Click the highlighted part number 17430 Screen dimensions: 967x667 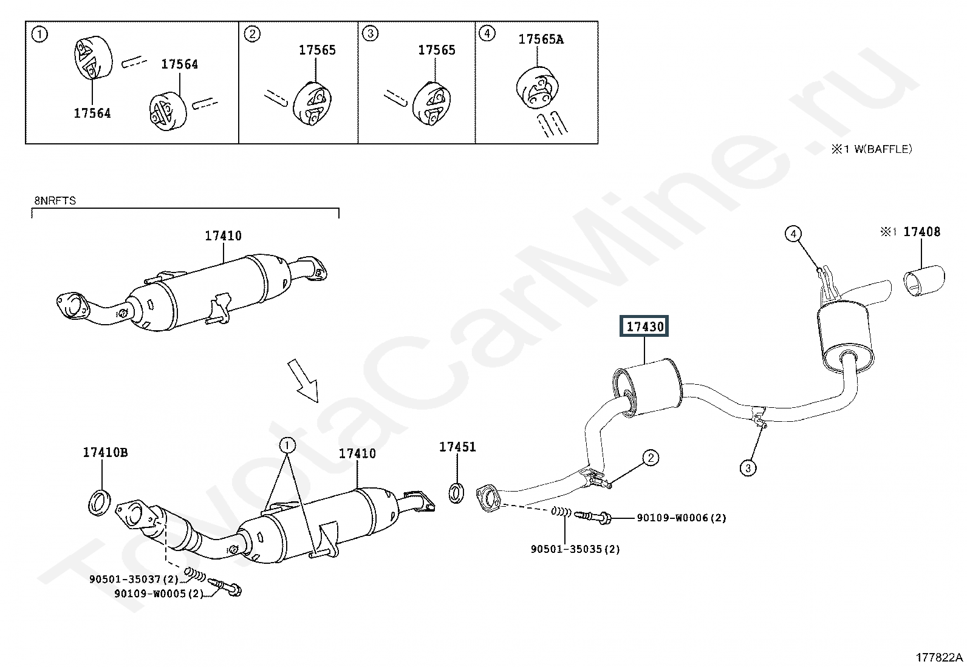pos(644,326)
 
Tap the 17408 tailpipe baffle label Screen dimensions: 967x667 pos(921,232)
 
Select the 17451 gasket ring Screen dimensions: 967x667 pos(456,493)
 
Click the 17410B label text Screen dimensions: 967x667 pos(105,453)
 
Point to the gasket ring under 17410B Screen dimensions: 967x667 pos(100,503)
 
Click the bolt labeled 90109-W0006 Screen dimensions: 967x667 pos(592,515)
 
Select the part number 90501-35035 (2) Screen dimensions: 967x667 pos(575,549)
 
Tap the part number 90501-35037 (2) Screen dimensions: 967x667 pos(134,579)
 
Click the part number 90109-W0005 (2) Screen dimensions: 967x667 pos(159,594)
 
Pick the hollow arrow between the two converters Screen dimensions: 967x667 pos(304,380)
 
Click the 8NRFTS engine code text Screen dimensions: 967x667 pos(55,201)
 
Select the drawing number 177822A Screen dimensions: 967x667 pos(940,657)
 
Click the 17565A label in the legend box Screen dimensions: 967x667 pos(541,39)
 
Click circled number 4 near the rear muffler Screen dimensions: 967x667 pos(793,234)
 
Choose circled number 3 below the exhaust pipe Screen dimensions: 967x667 pos(748,468)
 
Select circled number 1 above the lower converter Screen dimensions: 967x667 pos(287,445)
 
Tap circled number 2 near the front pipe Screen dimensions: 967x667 pos(651,458)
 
